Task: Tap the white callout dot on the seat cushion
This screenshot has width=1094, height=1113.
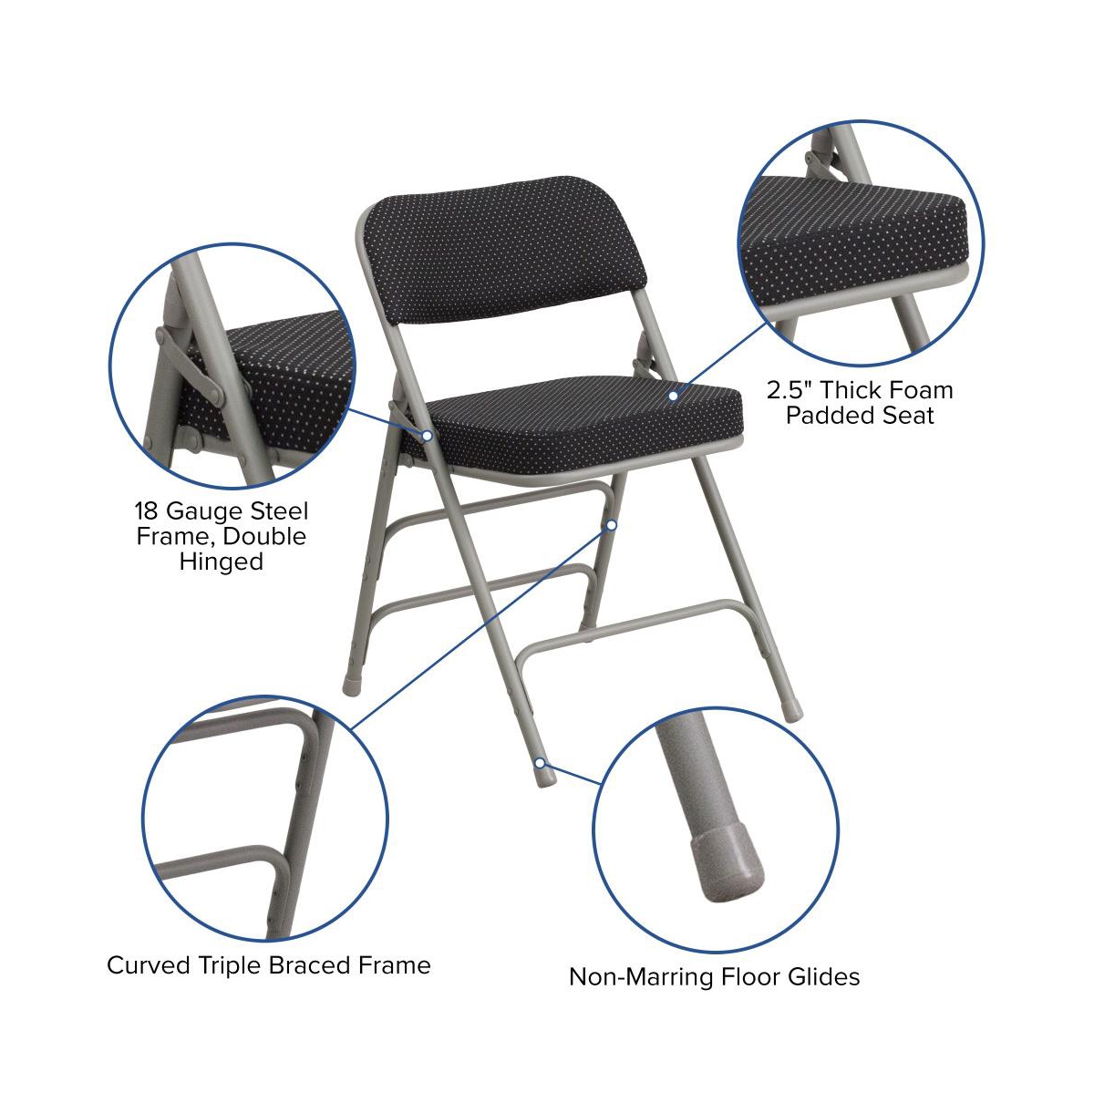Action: [674, 396]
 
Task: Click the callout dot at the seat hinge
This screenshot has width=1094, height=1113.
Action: [427, 435]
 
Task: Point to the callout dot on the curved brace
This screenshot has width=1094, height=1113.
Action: [612, 525]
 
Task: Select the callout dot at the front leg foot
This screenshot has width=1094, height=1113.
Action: [541, 762]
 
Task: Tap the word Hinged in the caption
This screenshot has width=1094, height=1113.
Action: [222, 562]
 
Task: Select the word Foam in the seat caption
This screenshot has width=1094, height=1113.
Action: [920, 391]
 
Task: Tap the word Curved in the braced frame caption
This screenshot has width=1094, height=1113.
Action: [148, 964]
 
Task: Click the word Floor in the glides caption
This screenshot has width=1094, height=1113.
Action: [747, 977]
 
